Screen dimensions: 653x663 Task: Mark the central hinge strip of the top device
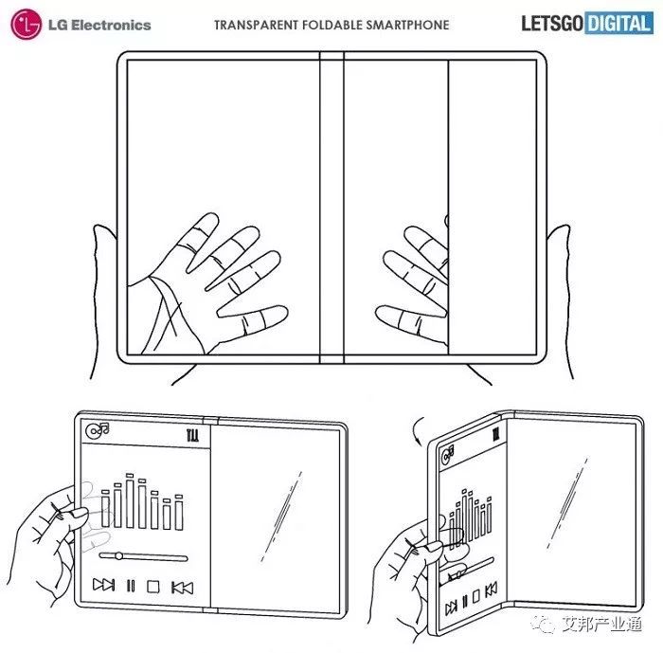pyautogui.click(x=331, y=208)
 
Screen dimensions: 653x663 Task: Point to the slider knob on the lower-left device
pyautogui.click(x=116, y=555)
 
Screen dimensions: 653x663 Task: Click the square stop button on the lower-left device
pyautogui.click(x=152, y=587)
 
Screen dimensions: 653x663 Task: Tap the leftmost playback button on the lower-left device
pyautogui.click(x=104, y=587)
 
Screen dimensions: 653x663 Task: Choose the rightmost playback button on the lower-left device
pyautogui.click(x=182, y=587)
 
